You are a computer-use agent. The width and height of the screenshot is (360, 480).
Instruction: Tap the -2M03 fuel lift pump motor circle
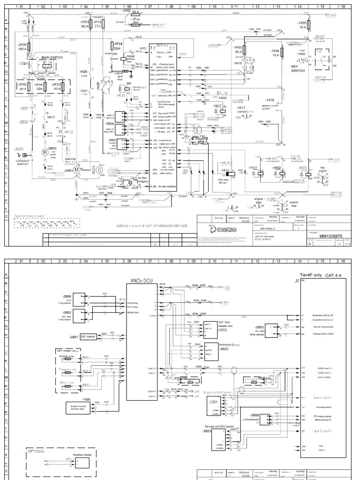45,152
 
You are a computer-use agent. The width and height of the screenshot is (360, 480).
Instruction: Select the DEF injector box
89,336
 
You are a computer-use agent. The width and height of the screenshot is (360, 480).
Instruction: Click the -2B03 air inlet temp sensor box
281,330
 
